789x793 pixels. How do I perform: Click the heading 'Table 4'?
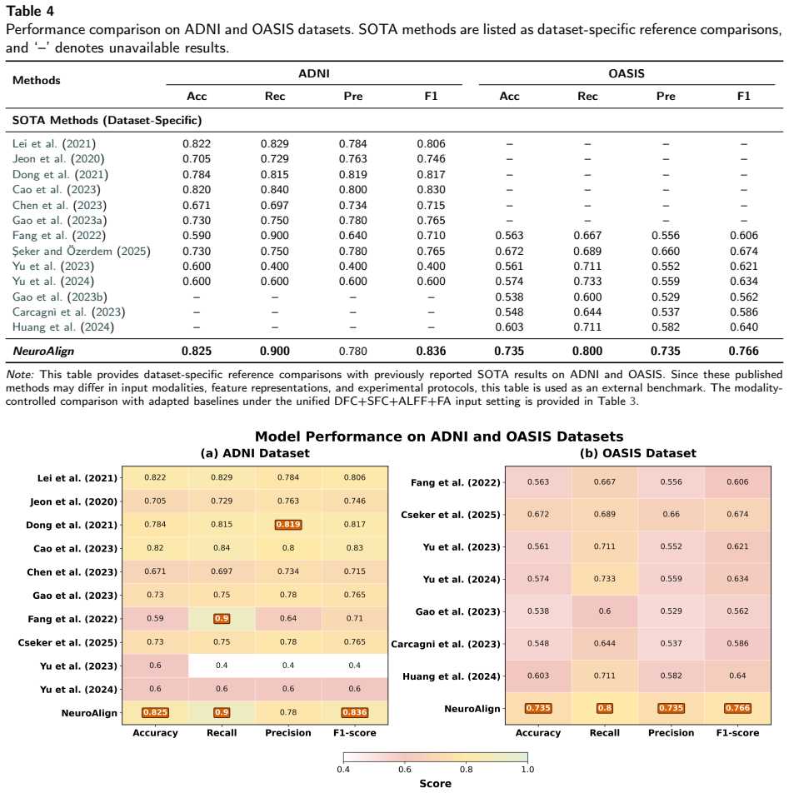point(30,11)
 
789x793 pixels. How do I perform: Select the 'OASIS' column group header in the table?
point(627,74)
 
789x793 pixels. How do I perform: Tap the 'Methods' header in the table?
point(37,81)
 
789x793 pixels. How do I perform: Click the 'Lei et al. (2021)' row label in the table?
point(54,144)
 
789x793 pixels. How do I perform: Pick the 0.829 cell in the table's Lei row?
point(275,144)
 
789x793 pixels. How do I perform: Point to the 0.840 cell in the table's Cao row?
point(275,190)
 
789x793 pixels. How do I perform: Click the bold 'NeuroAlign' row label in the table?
point(43,351)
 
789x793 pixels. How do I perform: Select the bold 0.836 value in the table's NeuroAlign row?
point(431,351)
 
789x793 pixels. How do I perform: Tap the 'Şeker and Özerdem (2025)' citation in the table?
point(82,252)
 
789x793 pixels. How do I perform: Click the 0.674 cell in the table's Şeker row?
point(743,252)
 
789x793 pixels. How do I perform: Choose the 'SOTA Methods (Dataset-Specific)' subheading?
point(107,120)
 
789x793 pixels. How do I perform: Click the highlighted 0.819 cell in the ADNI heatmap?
point(288,525)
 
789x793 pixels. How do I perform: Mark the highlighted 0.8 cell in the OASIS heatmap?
point(604,708)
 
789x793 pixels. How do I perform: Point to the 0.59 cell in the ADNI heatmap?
point(155,619)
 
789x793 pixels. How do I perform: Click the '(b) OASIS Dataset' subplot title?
point(637,453)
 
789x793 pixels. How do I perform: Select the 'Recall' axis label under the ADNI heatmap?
point(222,733)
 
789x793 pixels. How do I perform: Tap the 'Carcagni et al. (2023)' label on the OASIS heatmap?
point(446,645)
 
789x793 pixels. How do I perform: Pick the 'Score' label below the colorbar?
point(435,783)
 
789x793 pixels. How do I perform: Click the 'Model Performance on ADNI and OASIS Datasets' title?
point(439,436)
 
